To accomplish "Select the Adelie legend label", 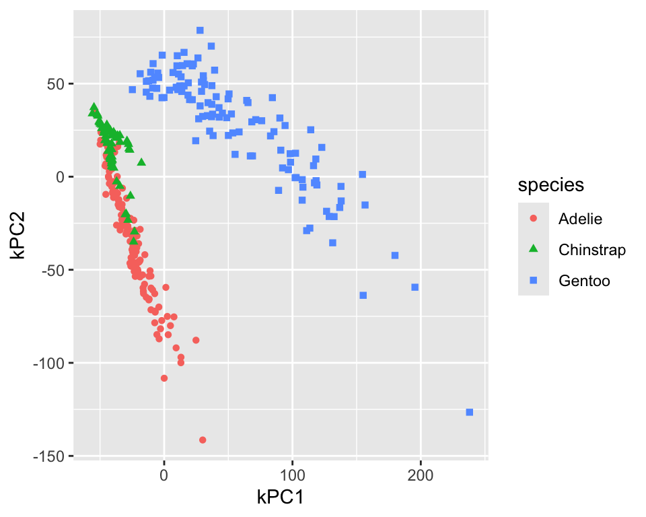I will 579,219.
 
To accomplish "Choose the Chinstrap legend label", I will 592,250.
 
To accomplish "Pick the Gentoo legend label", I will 583,281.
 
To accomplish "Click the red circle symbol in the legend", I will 534,219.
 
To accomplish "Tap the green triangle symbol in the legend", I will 534,250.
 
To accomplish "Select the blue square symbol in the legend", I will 534,281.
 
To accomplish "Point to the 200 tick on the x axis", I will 421,473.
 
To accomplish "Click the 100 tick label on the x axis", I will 292,473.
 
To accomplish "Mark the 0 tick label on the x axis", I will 164,473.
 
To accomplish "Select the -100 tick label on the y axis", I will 50,364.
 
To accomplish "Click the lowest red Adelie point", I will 203,440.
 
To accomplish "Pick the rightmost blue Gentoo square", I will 469,412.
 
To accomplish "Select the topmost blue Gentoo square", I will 200,30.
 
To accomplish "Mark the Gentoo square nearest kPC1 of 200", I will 415,287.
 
